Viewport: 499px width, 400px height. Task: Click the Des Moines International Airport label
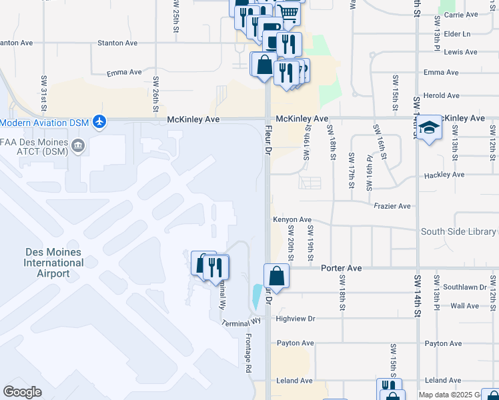[x=53, y=263]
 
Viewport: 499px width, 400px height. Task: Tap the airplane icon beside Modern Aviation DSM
[x=100, y=121]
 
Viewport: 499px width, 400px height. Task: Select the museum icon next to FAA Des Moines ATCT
[x=78, y=145]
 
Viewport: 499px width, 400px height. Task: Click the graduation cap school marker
[x=430, y=127]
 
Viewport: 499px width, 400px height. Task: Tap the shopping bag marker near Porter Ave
[x=276, y=276]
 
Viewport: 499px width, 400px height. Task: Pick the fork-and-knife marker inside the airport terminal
[x=215, y=267]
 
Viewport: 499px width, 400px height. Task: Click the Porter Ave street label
[x=342, y=268]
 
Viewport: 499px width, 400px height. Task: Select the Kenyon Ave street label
[x=292, y=219]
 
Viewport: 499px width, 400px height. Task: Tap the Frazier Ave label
[x=392, y=206]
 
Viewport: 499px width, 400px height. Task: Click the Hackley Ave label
[x=444, y=175]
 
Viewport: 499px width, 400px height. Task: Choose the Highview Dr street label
[x=295, y=319]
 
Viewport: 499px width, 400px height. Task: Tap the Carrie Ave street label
[x=462, y=14]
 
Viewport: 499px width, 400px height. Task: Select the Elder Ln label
[x=457, y=33]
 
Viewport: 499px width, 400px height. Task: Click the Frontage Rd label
[x=247, y=353]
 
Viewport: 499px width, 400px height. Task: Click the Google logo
[x=23, y=392]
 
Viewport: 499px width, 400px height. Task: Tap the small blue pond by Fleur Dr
[x=258, y=296]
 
